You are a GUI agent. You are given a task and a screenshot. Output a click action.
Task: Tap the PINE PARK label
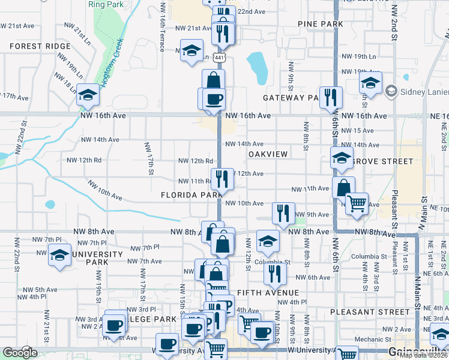coord(321,24)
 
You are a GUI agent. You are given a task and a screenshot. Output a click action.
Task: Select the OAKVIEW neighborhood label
coord(268,154)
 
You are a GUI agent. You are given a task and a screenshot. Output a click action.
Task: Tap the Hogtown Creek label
coord(113,62)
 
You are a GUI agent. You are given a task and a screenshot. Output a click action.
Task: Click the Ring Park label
coord(105,4)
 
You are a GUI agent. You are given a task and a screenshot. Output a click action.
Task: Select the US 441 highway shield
coord(220,58)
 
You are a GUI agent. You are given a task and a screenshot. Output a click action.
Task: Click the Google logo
coord(20,353)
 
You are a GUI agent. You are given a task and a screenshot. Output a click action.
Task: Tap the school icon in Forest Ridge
coord(88,94)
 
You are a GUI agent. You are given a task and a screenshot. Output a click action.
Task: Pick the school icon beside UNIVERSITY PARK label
coord(59,254)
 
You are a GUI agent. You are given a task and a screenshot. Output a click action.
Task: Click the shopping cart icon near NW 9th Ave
coord(357,203)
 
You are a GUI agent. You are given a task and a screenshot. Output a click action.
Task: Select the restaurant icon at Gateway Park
coord(331,97)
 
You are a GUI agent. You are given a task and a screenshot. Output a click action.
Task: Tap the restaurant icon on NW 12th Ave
coord(221,179)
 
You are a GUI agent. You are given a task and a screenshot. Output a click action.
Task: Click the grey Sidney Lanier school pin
coord(392,91)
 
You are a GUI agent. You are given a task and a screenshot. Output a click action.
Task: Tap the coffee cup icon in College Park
coord(113,325)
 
